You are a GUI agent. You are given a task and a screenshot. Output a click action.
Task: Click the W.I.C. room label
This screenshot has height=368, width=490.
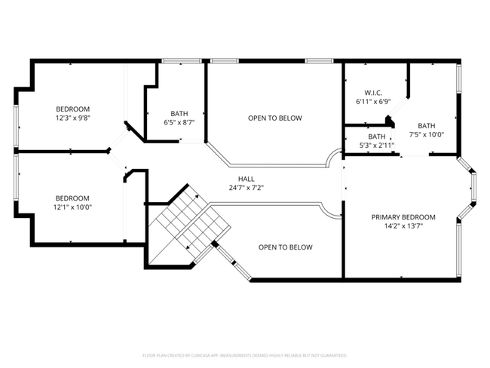373,93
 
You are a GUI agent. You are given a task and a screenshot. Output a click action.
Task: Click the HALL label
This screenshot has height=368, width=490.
246,179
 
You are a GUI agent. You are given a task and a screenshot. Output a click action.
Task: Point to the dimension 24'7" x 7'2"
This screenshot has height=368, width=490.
246,188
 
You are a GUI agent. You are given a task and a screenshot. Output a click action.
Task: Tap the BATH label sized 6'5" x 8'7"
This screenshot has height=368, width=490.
179,114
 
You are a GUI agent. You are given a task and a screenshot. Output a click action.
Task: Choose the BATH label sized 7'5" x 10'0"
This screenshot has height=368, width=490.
427,126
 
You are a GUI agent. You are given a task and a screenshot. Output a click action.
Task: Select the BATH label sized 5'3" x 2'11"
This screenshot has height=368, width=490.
377,136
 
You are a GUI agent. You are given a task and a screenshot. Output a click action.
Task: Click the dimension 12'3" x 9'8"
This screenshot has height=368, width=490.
72,118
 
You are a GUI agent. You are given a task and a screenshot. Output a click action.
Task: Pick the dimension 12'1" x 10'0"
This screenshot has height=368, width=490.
72,207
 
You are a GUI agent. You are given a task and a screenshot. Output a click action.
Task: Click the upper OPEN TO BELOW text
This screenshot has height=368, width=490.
275,118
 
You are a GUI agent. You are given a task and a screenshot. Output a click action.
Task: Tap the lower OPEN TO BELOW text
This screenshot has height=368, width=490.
285,247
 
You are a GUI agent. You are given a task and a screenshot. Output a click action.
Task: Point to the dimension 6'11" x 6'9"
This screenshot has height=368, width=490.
373,101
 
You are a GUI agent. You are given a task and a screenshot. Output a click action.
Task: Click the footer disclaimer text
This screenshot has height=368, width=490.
245,354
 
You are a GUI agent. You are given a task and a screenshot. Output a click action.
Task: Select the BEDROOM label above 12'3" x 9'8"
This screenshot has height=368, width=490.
72,109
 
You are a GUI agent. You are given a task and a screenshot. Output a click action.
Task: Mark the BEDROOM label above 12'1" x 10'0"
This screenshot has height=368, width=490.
72,198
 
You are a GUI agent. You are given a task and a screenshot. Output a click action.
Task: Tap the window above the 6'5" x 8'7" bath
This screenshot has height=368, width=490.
176,60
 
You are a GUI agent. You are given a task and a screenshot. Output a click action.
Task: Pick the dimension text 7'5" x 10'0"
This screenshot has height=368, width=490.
427,135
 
